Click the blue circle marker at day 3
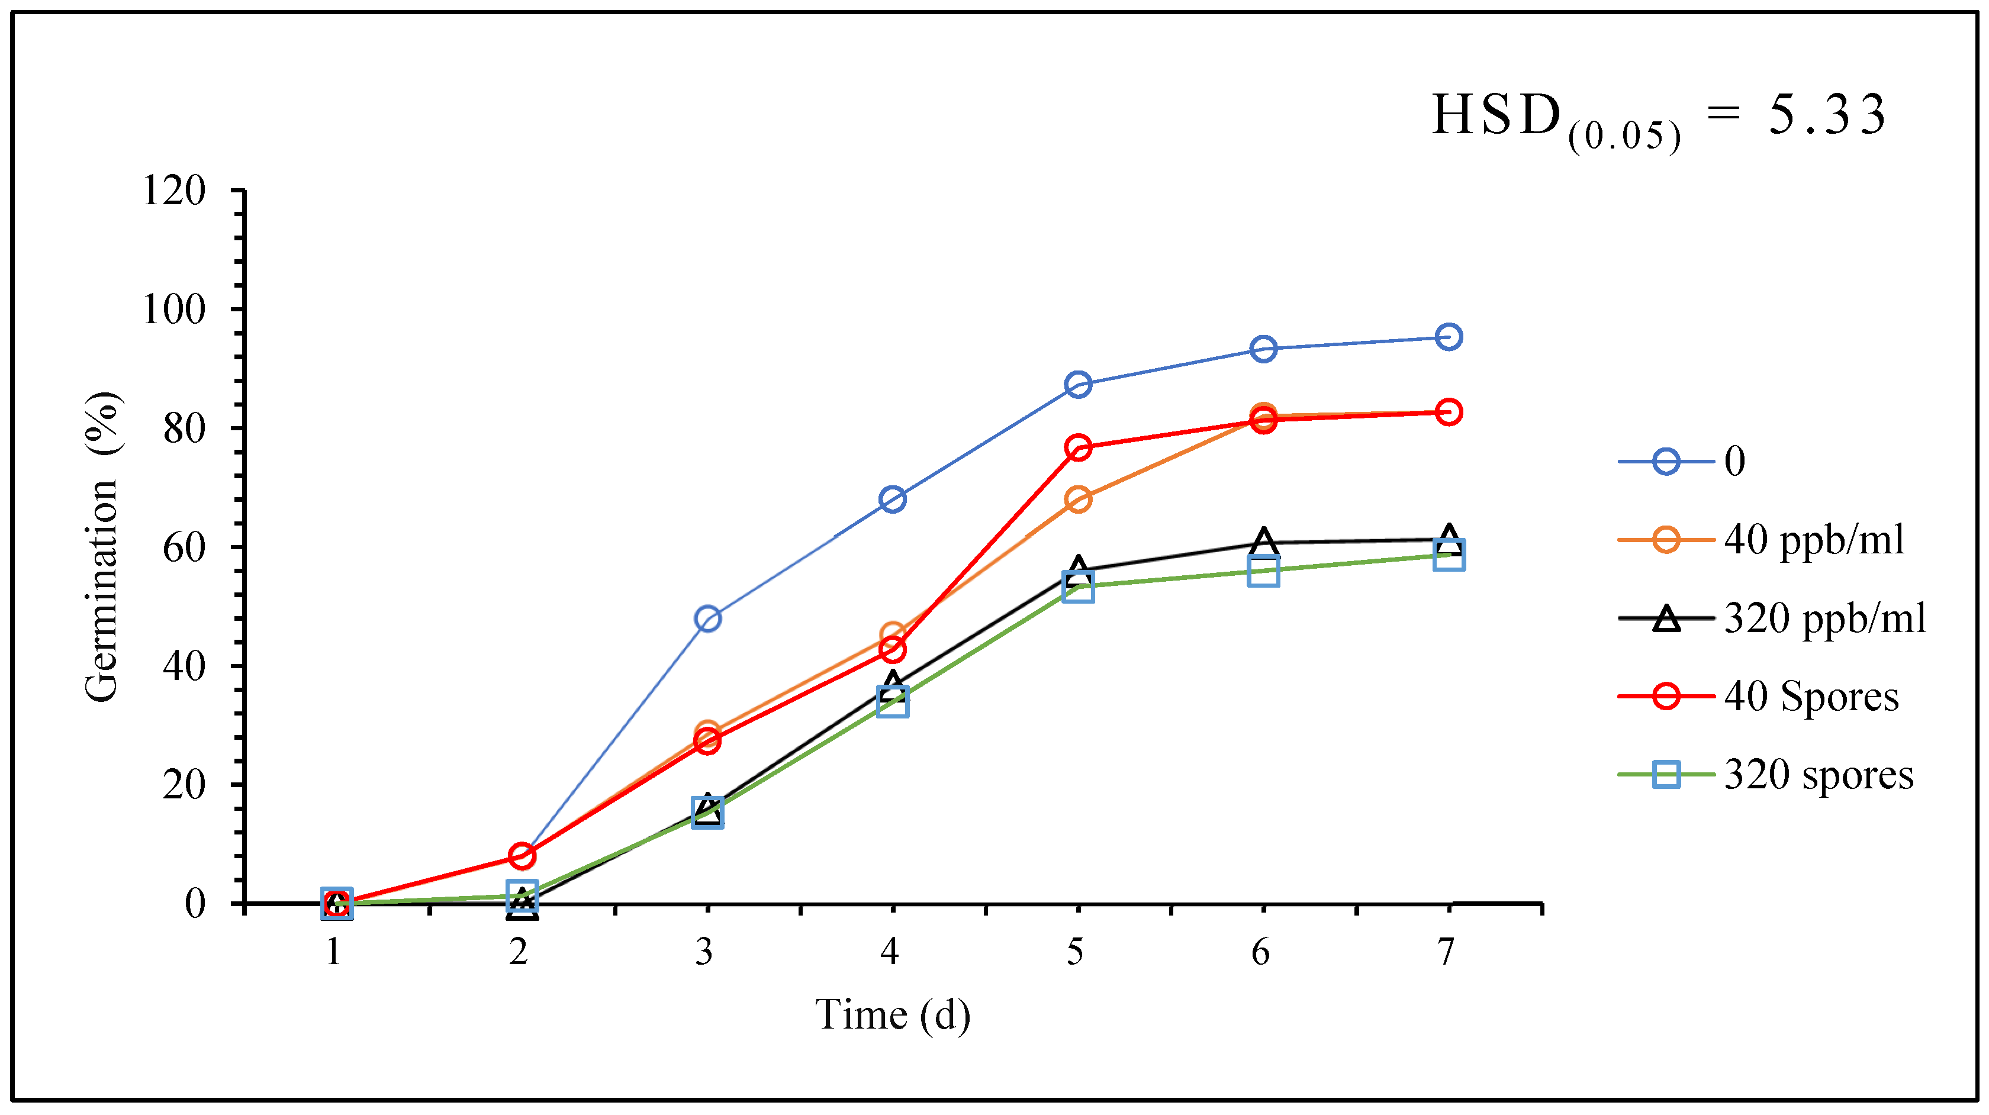(x=707, y=618)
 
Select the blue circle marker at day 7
(x=1448, y=337)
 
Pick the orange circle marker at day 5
(x=1078, y=500)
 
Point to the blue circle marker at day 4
(x=893, y=500)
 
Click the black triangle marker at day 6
(x=1263, y=542)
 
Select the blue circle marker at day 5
(x=1078, y=384)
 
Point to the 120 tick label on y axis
(x=175, y=190)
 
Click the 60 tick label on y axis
(x=185, y=547)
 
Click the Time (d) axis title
(x=893, y=1016)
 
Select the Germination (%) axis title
(x=102, y=547)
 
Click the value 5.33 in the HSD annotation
(x=1827, y=116)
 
